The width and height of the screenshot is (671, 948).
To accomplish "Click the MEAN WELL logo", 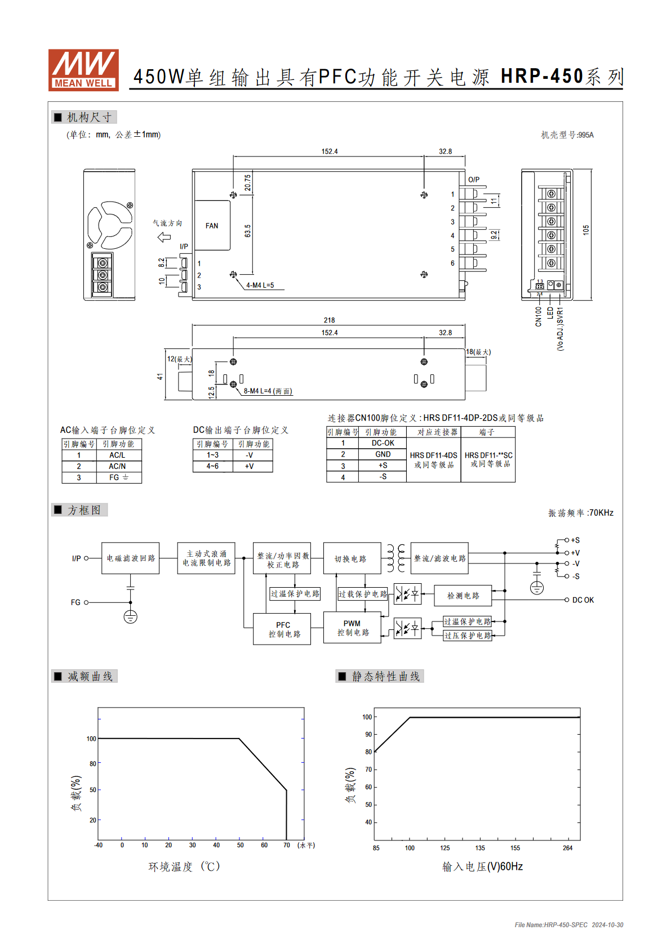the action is (83, 70).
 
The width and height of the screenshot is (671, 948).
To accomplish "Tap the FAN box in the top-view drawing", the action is (212, 225).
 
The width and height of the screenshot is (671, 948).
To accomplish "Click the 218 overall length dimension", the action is (329, 320).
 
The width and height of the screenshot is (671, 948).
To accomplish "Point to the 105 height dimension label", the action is (586, 230).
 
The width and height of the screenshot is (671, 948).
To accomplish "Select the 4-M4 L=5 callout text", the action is (260, 285).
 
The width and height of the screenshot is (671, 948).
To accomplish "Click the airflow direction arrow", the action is (164, 237).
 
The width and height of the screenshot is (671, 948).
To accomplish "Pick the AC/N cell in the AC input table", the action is (117, 466).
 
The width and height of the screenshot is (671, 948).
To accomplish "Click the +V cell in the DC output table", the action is (249, 466).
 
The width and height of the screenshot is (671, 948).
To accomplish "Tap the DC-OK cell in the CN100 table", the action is (383, 442).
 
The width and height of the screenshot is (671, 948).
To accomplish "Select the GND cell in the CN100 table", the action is (383, 454).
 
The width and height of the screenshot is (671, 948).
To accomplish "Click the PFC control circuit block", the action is (282, 629).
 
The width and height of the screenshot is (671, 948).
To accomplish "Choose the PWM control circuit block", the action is (352, 628).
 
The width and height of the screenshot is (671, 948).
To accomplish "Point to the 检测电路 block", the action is (463, 596).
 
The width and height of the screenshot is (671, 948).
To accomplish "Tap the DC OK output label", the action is (583, 600).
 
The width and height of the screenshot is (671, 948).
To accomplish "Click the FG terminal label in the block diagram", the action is (75, 602).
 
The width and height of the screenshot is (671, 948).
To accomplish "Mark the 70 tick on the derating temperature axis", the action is (287, 845).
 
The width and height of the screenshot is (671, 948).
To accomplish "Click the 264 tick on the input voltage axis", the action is (568, 848).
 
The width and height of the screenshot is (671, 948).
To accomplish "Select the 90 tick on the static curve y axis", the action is (368, 734).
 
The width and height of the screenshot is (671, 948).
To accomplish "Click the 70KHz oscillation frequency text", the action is (601, 513).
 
